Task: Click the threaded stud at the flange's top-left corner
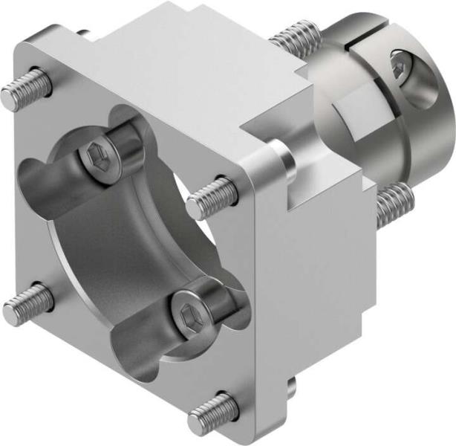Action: [26, 90]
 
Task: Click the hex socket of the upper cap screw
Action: [97, 158]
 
